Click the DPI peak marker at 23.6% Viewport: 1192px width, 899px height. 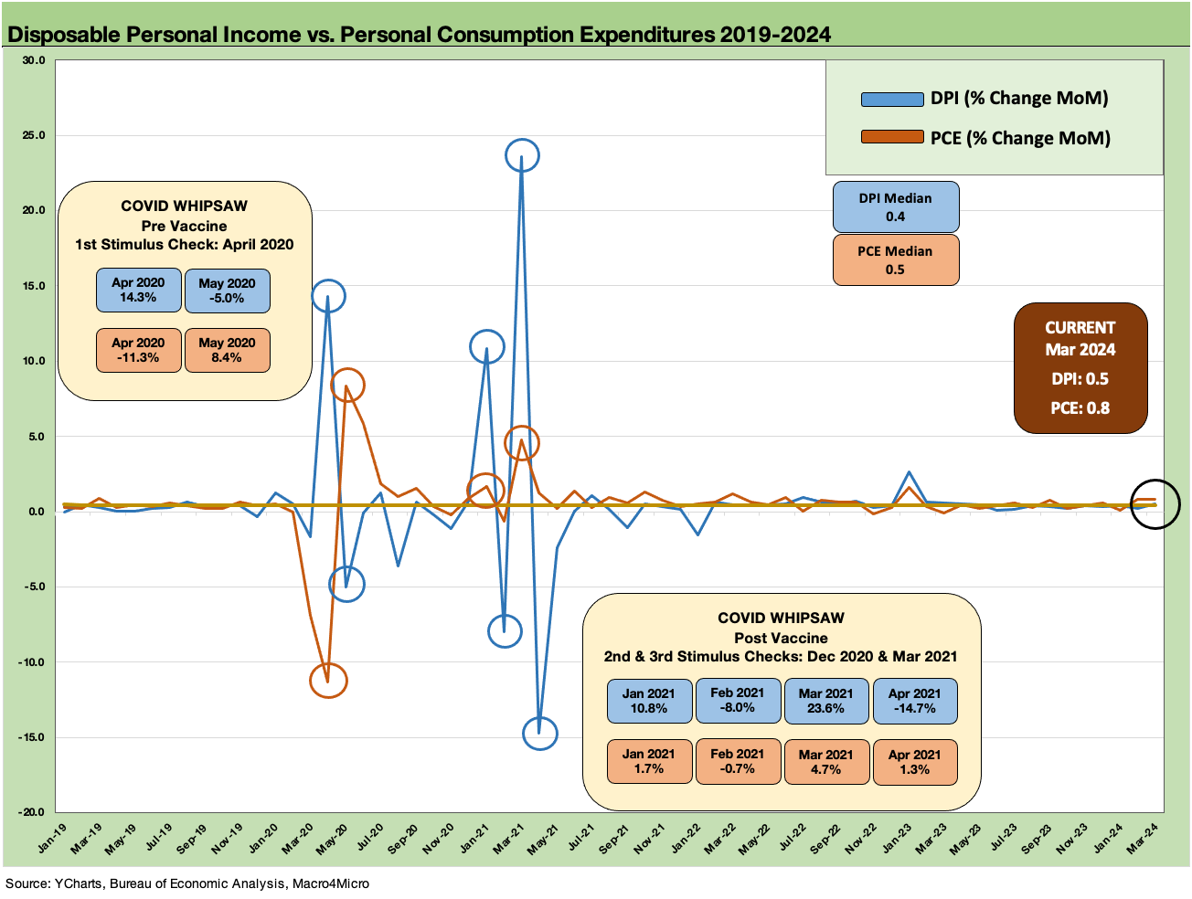[x=522, y=156]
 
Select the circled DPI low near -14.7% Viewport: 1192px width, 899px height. [x=539, y=733]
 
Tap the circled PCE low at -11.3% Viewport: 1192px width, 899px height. [x=328, y=681]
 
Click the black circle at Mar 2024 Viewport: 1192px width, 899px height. [x=1155, y=504]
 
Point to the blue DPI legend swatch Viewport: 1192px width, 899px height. [x=892, y=99]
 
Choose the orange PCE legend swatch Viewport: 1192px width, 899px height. [x=892, y=138]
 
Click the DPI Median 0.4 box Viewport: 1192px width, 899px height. [x=896, y=207]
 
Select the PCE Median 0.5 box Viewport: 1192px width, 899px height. [x=896, y=260]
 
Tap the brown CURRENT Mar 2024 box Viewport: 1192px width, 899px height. [x=1080, y=367]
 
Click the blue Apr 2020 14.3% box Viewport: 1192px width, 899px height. [x=138, y=291]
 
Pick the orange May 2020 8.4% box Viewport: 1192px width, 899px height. [x=227, y=351]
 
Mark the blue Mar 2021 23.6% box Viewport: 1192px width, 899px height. [x=825, y=701]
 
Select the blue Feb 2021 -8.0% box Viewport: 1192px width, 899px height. [x=738, y=701]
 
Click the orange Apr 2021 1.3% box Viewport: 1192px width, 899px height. [x=914, y=762]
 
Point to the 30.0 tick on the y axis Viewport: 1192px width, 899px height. [x=34, y=60]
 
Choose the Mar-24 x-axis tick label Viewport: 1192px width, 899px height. [x=1143, y=839]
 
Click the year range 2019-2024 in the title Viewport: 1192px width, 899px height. [x=775, y=35]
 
